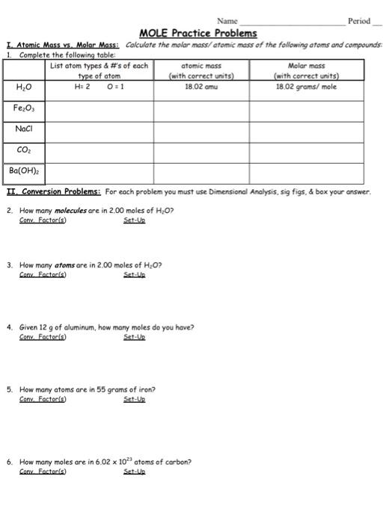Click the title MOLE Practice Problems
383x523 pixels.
[x=197, y=33]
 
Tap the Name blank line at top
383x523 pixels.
[x=291, y=20]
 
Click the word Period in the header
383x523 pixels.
[x=359, y=20]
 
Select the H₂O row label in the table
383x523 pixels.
[x=23, y=87]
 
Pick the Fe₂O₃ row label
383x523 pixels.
[x=25, y=109]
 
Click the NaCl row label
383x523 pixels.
[x=24, y=130]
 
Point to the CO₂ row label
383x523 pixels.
[x=24, y=151]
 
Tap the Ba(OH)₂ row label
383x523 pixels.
[x=25, y=171]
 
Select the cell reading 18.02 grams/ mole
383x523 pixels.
[x=307, y=87]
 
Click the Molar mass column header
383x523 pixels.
[x=307, y=70]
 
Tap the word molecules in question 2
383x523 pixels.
[x=68, y=211]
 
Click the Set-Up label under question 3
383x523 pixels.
[x=135, y=274]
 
